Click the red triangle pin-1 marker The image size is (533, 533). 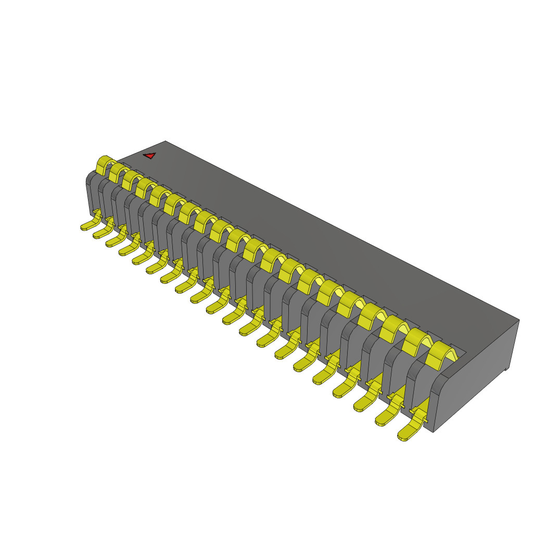tap(150, 155)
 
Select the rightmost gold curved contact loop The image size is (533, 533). tap(438, 354)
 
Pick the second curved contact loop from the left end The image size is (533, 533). tap(117, 172)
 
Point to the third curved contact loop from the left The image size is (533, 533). tap(130, 180)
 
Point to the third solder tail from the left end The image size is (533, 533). tap(114, 242)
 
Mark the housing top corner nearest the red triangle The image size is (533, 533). tap(165, 141)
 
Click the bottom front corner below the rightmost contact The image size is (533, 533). tap(434, 431)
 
